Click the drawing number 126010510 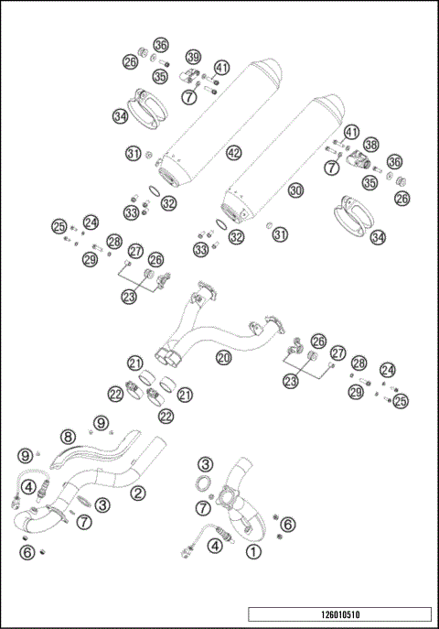339,614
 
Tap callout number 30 294,190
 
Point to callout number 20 222,357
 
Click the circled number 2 138,493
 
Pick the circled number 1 253,551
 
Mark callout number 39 193,57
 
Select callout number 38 371,144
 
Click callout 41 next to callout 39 222,68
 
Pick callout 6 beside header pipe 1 287,524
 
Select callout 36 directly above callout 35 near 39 161,45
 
